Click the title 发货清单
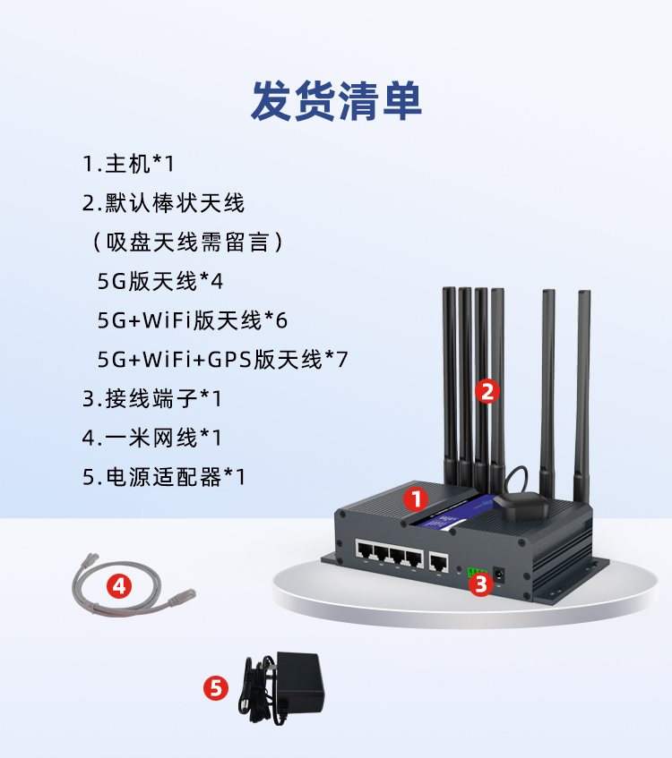[336, 101]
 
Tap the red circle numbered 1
[416, 498]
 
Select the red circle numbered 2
[487, 391]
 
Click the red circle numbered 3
[481, 584]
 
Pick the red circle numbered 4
[119, 586]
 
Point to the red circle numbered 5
[216, 688]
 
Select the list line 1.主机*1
[128, 164]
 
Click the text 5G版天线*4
[159, 281]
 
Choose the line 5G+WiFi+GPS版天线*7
[222, 359]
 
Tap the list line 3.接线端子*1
[151, 399]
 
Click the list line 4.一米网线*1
[151, 438]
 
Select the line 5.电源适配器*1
[164, 477]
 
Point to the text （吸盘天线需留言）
[188, 242]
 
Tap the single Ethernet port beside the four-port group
[438, 563]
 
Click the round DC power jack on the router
[499, 575]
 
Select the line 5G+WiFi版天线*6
[193, 320]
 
